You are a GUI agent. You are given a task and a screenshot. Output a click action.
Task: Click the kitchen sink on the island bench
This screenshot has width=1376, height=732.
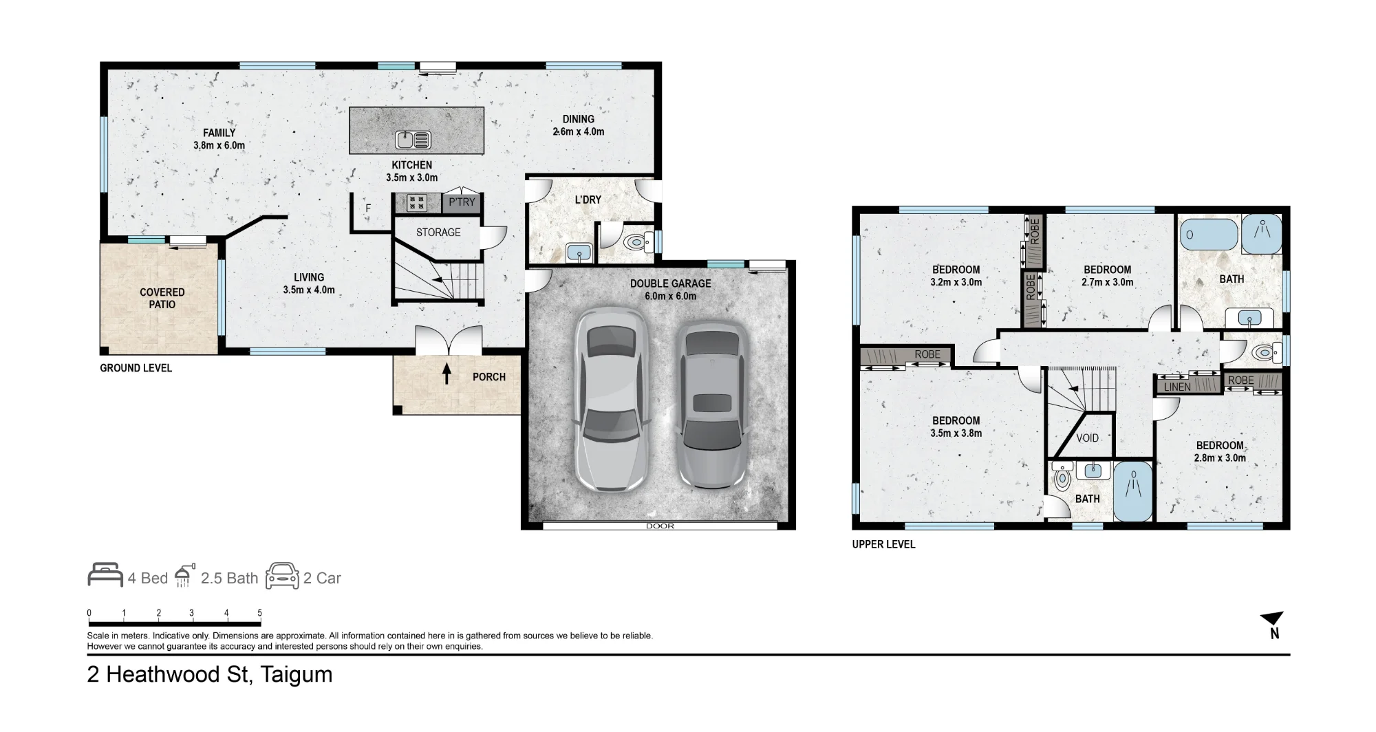pyautogui.click(x=413, y=140)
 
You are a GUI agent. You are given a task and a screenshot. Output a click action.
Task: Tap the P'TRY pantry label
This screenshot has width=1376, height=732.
pyautogui.click(x=462, y=202)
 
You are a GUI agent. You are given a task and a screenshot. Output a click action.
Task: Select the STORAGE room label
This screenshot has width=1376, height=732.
pyautogui.click(x=438, y=233)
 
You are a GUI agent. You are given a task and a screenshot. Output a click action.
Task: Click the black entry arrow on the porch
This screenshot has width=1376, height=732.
pyautogui.click(x=447, y=374)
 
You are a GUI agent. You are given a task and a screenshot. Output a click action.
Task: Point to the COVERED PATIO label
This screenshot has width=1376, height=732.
pyautogui.click(x=162, y=299)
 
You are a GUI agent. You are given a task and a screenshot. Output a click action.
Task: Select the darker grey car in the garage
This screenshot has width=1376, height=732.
pyautogui.click(x=711, y=406)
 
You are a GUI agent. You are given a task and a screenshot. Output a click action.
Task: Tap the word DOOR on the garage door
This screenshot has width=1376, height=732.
pyautogui.click(x=660, y=526)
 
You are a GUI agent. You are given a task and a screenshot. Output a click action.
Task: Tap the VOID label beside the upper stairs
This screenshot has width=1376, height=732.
pyautogui.click(x=1087, y=438)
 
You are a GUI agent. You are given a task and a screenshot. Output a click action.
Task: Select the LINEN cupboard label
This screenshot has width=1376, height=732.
pyautogui.click(x=1177, y=387)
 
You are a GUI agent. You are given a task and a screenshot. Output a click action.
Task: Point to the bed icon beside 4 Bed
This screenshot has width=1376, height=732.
pyautogui.click(x=105, y=575)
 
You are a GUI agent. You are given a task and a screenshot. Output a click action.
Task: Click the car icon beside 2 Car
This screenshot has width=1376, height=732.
pyautogui.click(x=282, y=577)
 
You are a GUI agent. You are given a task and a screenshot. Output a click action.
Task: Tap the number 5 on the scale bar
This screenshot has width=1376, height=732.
pyautogui.click(x=259, y=613)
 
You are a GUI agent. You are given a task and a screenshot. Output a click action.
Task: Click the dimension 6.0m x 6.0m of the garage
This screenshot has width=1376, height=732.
pyautogui.click(x=670, y=297)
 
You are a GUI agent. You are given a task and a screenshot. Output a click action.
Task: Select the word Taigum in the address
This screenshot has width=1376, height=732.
pyautogui.click(x=297, y=675)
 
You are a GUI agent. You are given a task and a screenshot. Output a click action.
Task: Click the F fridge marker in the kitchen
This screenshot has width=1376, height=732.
pyautogui.click(x=368, y=208)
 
